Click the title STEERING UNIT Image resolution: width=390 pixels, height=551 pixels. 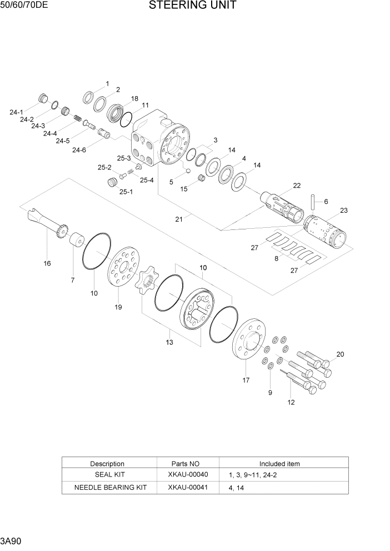193,6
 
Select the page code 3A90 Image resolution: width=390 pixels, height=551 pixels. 11,540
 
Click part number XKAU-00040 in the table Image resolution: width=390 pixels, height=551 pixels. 187,475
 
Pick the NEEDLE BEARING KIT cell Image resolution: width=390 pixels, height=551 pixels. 110,488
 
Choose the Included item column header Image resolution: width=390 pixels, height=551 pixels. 279,463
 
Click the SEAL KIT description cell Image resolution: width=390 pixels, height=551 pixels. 110,475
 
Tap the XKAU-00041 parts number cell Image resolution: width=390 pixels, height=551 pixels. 187,488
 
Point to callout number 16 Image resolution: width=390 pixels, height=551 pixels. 47,263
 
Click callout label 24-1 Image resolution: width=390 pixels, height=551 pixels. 16,112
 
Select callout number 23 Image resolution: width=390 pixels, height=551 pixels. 343,211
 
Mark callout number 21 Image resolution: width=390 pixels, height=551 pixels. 179,219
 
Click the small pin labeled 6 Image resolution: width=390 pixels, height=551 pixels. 314,199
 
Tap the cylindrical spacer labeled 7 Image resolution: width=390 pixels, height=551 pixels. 76,241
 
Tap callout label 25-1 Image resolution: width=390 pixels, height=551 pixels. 126,192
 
